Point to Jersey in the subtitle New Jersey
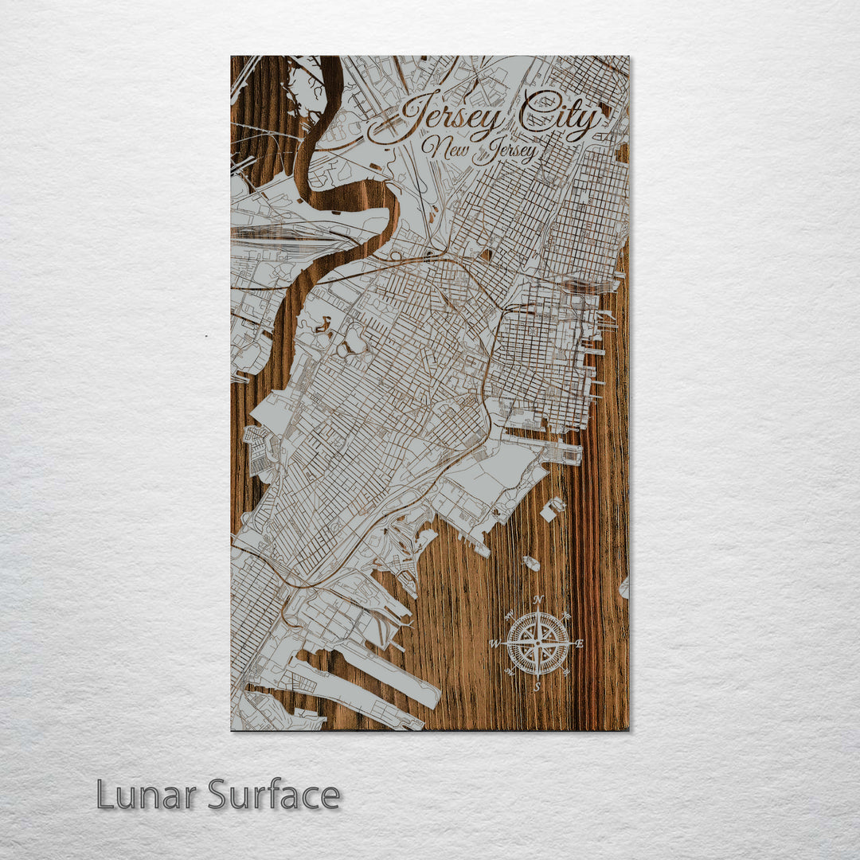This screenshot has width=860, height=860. [x=505, y=151]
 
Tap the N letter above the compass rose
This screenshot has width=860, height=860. [x=538, y=600]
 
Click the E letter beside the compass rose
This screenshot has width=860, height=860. [x=579, y=643]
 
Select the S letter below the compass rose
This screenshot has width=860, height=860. [x=537, y=686]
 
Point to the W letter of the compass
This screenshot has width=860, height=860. [x=494, y=643]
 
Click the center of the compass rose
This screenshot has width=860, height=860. [x=537, y=643]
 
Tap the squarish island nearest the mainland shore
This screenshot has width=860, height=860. [x=552, y=508]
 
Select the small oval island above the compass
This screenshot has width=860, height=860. [x=531, y=563]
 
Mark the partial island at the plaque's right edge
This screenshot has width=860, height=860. [x=624, y=588]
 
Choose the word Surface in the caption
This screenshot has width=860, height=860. [x=274, y=795]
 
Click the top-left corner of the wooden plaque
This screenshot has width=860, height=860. [x=232, y=57]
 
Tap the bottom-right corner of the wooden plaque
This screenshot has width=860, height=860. [x=627, y=729]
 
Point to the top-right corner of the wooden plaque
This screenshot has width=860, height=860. [x=627, y=57]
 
